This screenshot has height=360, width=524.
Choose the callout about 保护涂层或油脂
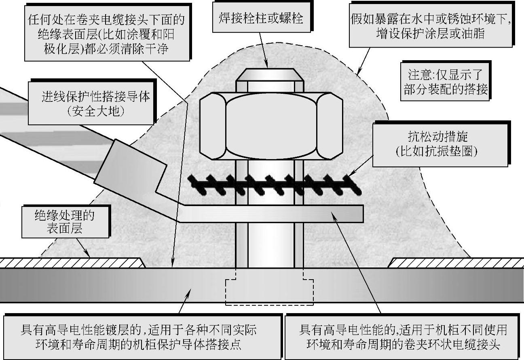431,25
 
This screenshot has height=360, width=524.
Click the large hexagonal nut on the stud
271,125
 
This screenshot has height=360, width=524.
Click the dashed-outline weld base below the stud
269,291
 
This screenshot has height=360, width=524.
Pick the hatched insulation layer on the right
455,263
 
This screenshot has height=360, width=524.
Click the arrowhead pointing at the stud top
267,65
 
